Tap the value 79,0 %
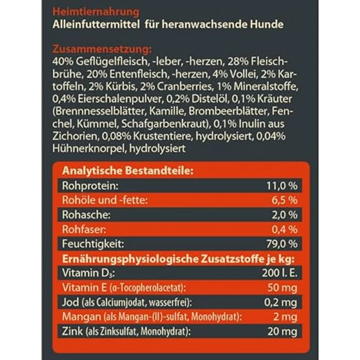coord(280,243)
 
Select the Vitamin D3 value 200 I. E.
coord(278,272)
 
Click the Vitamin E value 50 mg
coord(283,287)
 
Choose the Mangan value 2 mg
coord(287,316)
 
